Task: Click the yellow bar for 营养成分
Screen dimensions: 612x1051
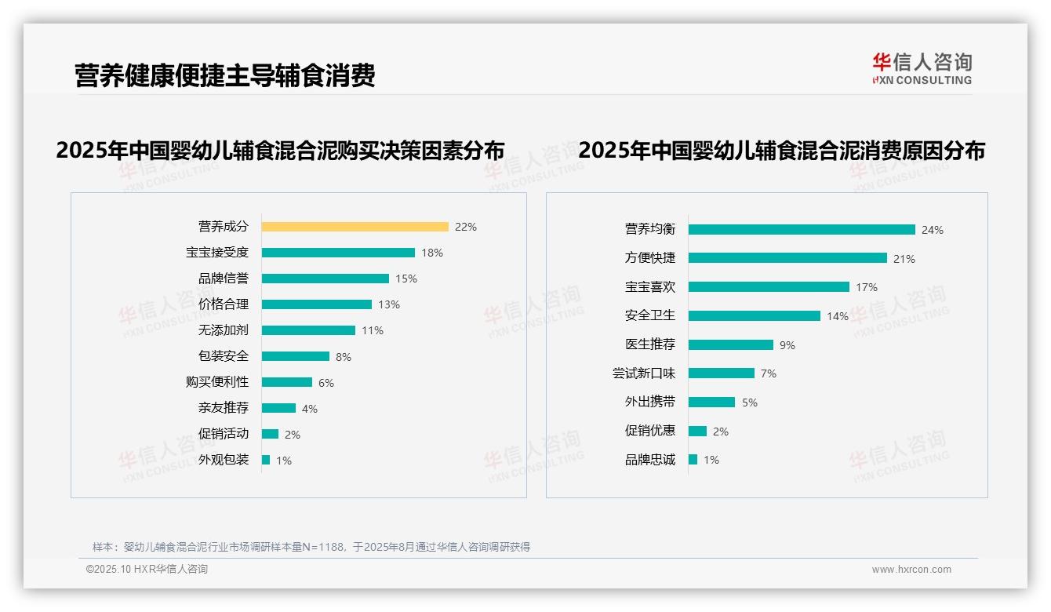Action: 355,227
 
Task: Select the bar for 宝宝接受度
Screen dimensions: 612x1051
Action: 338,253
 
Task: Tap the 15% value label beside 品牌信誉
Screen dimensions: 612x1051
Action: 406,279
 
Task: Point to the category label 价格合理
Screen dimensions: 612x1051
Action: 223,304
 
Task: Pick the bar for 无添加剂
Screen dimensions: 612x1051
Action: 308,330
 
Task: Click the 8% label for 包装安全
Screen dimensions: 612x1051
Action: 344,357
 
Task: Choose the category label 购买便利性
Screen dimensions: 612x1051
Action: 216,382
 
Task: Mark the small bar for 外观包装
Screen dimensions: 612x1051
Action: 266,460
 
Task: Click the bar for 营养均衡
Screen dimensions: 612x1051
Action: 802,230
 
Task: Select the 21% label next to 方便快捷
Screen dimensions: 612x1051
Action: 904,259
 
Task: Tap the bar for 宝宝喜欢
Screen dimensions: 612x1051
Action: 769,287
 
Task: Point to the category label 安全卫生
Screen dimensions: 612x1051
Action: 649,315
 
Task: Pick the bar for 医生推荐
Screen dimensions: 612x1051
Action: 731,344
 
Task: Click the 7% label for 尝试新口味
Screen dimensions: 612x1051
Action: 769,373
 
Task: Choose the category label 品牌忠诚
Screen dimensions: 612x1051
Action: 649,460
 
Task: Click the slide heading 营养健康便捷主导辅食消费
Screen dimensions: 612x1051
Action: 225,75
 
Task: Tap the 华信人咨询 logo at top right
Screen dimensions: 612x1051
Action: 922,68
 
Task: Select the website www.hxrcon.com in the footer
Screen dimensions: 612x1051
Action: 911,570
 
